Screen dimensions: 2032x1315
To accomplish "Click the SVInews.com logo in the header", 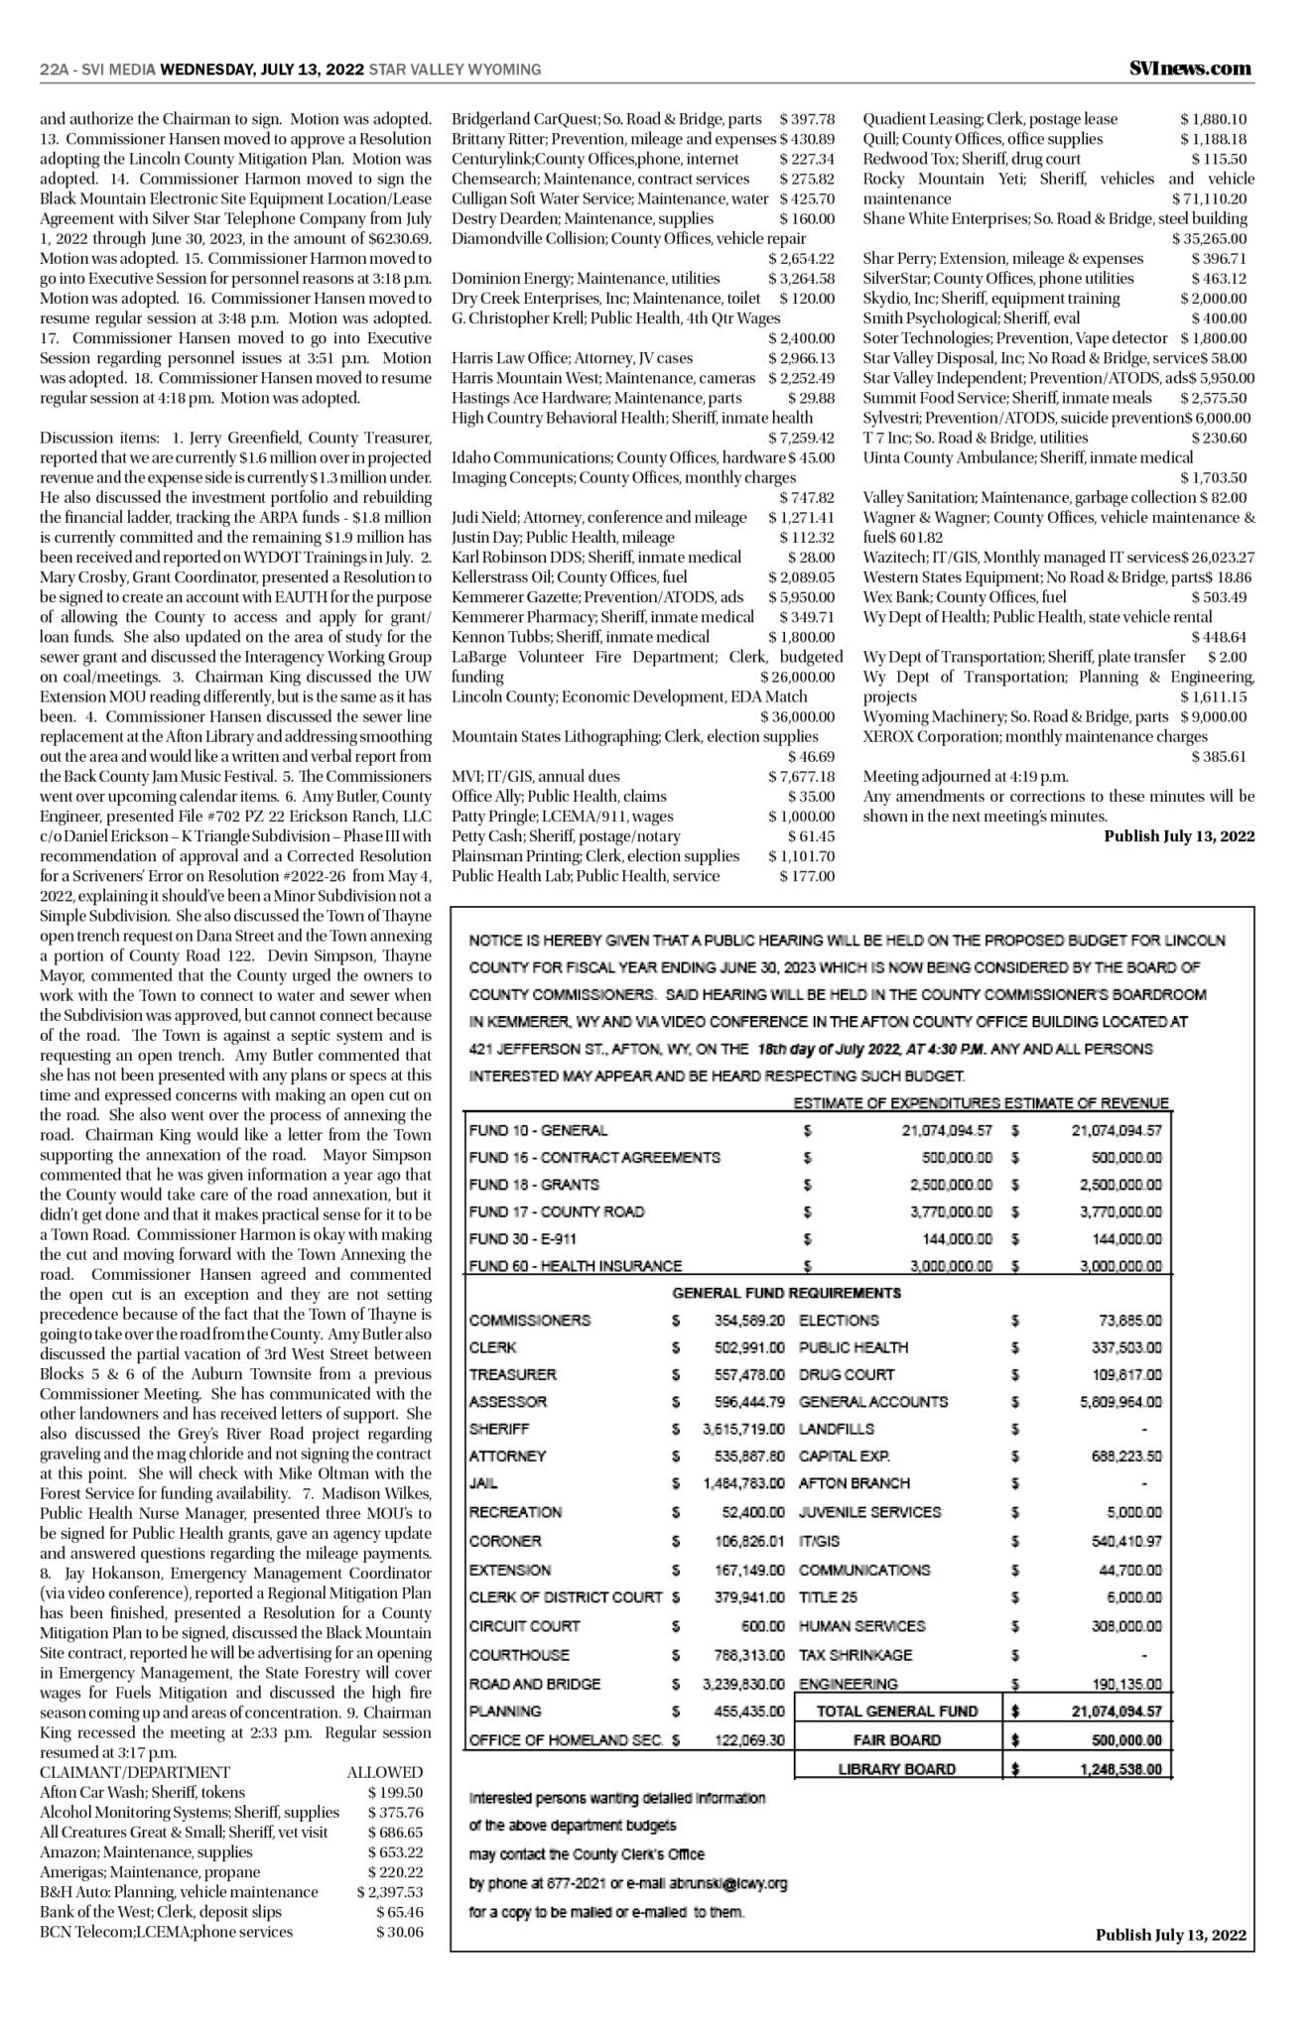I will coord(1189,68).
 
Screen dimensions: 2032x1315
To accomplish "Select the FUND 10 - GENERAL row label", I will coord(538,1130).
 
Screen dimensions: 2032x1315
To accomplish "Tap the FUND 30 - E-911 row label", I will coord(522,1238).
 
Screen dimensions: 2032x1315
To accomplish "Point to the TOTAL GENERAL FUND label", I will coord(896,1711).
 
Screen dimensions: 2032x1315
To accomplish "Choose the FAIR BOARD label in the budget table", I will coord(896,1739).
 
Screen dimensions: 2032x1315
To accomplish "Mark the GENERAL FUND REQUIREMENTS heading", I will coord(786,1293).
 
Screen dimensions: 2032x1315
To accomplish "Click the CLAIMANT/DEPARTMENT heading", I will coord(135,1772).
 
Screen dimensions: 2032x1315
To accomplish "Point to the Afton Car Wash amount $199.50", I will coord(395,1792).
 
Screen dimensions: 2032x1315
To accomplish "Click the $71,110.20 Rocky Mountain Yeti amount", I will coord(1209,198).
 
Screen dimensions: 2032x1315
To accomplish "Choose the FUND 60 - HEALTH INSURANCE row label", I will coord(575,1266).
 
